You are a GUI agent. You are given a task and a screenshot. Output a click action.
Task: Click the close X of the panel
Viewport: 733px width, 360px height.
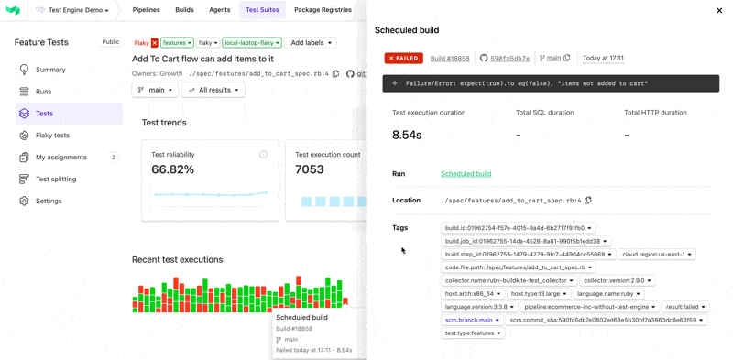tap(719, 11)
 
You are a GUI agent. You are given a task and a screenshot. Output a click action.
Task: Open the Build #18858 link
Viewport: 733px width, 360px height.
tap(450, 58)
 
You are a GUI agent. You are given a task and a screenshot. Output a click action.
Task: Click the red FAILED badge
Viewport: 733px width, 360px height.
tap(403, 58)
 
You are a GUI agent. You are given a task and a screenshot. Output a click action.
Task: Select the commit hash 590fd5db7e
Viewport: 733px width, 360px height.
tap(509, 58)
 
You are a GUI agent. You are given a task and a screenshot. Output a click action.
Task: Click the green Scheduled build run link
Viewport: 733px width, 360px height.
tap(465, 174)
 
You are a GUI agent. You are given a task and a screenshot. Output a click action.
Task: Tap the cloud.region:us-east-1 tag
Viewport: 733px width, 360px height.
tap(657, 255)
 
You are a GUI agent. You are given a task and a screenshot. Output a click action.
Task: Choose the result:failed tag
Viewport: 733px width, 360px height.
tap(684, 307)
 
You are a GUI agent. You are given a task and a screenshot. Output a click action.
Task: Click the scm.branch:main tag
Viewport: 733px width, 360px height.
tap(472, 321)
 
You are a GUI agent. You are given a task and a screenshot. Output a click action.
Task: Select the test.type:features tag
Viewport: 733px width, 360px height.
tap(473, 333)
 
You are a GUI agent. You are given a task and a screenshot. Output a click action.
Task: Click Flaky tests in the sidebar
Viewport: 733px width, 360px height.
tap(52, 136)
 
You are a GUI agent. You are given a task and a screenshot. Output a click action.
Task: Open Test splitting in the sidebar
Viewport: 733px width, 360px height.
tap(55, 180)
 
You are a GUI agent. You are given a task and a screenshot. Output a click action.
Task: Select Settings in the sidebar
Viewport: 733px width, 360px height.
tap(49, 202)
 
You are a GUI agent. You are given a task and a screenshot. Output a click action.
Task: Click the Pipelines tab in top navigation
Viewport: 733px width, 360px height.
tap(146, 10)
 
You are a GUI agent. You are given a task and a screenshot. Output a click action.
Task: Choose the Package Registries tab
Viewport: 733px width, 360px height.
tap(323, 10)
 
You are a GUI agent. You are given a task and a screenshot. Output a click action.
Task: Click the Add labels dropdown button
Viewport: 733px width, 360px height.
tap(311, 43)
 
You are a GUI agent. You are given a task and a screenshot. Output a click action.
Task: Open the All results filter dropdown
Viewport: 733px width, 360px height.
tap(213, 90)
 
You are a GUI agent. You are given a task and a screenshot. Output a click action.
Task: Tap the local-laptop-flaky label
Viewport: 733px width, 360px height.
tap(251, 43)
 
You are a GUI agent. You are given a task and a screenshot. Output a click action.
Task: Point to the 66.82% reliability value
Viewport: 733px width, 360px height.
tap(172, 169)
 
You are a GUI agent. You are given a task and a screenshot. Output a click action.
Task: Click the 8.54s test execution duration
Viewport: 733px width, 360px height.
tap(407, 135)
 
